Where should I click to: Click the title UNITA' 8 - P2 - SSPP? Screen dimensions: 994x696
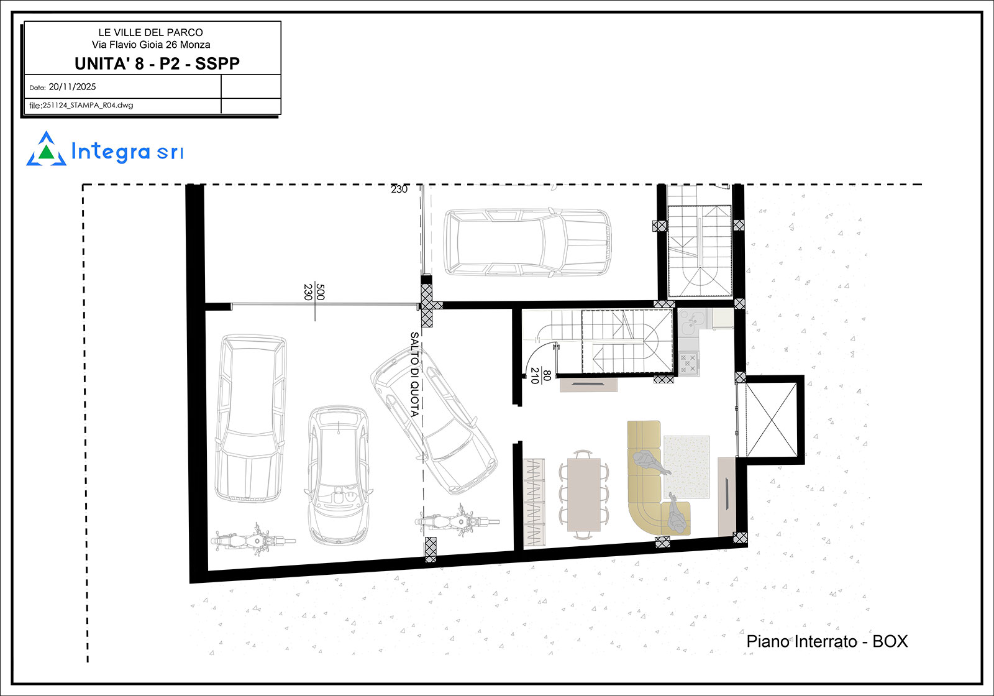click(157, 64)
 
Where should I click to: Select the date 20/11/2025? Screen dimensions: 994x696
click(72, 87)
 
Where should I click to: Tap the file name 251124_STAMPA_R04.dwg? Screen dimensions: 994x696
click(88, 106)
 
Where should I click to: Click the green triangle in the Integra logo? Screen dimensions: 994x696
click(46, 152)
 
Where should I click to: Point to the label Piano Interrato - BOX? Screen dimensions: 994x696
click(827, 641)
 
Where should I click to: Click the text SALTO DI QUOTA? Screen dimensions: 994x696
click(414, 375)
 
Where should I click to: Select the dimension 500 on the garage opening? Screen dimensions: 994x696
click(321, 291)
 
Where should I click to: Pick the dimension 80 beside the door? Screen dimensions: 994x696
click(547, 375)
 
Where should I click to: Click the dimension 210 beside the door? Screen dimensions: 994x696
click(535, 375)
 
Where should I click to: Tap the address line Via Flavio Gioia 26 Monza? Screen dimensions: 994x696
click(151, 45)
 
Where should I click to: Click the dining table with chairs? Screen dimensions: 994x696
click(583, 495)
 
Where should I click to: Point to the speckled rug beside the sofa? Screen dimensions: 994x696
click(686, 467)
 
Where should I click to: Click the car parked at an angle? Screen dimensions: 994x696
click(434, 420)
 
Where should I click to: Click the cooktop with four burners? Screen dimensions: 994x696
click(689, 363)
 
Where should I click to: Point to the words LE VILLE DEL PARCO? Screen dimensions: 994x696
click(151, 32)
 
